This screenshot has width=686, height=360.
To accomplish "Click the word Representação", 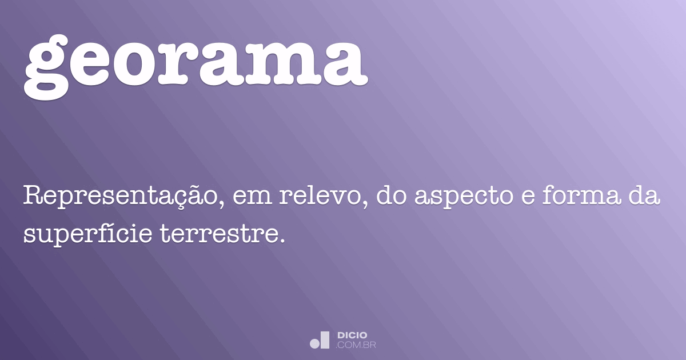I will (x=119, y=198).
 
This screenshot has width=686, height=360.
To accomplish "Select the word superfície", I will (x=88, y=233).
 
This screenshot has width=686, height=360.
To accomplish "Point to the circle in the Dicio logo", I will (x=315, y=343).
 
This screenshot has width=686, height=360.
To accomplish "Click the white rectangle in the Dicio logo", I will (x=325, y=339).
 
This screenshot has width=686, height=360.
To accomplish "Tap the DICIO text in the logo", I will (x=352, y=335).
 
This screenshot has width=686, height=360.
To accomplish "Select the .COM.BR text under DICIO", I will (x=356, y=345).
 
